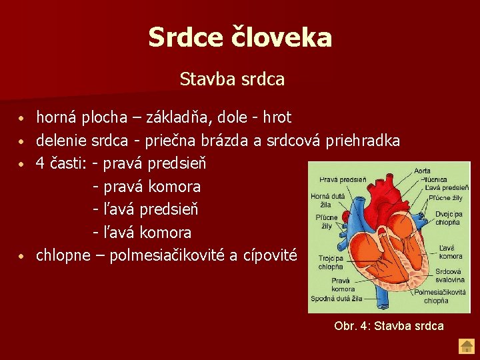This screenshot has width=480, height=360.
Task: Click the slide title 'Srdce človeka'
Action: pos(240,37)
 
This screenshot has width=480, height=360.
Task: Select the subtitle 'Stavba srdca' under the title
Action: pos(232,79)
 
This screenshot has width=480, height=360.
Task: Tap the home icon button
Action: pos(465,346)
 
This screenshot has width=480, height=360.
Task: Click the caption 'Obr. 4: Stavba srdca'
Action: pos(389,326)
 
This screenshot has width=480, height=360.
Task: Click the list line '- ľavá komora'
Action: pos(142,233)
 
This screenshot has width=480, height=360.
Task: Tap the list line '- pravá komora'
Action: pos(146,187)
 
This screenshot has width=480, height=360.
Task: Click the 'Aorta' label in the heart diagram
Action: pos(422,171)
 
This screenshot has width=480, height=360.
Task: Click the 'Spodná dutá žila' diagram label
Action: pos(337,299)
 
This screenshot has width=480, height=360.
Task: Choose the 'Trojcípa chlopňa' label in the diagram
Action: pos(330,263)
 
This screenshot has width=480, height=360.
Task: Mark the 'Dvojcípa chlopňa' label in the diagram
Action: pos(449,218)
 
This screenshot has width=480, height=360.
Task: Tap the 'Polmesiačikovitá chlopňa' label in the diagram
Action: pos(440,296)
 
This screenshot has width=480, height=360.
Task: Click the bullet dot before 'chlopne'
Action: pos(22,256)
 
